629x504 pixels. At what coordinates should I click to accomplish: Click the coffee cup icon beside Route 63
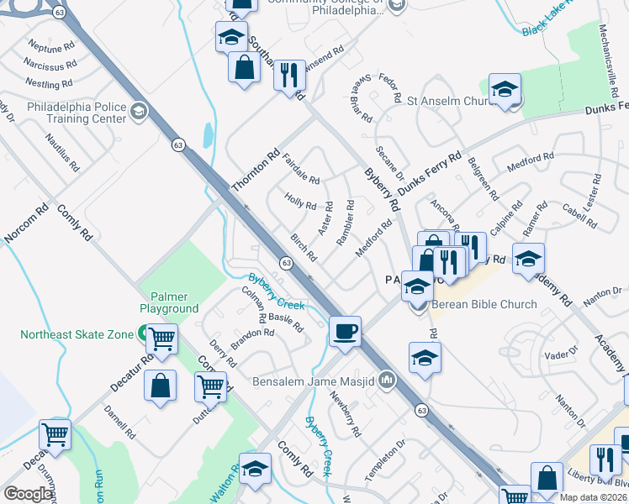[345, 331]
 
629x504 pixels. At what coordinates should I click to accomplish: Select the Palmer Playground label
[175, 302]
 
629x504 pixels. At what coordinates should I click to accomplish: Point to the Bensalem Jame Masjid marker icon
[387, 381]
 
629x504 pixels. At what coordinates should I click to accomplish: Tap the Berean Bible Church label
[484, 304]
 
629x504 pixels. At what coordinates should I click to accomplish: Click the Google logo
[27, 494]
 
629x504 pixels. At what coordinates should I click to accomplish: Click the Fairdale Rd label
[301, 169]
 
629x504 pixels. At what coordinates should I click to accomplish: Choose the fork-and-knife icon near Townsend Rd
[289, 76]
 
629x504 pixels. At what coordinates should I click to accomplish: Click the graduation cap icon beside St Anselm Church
[505, 90]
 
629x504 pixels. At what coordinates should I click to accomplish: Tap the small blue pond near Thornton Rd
[208, 134]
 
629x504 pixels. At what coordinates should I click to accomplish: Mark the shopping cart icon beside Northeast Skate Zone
[161, 339]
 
